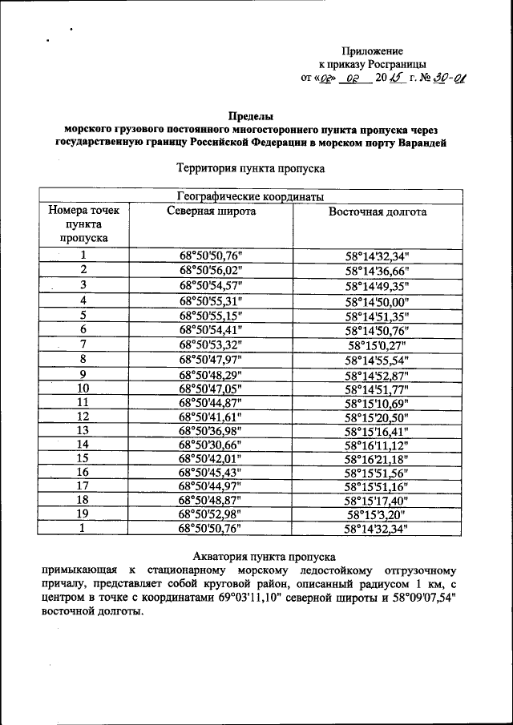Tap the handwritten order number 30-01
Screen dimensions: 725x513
click(x=450, y=78)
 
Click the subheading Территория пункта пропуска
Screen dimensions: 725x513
click(x=249, y=169)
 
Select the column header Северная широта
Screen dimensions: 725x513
click(x=212, y=211)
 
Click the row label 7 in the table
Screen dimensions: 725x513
click(x=83, y=344)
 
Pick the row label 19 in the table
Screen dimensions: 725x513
click(x=83, y=514)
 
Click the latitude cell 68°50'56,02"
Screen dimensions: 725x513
click(x=211, y=271)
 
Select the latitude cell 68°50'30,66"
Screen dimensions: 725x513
click(x=211, y=444)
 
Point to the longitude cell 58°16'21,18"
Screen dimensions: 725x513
click(x=378, y=458)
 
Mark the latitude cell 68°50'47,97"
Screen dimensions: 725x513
click(x=211, y=360)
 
